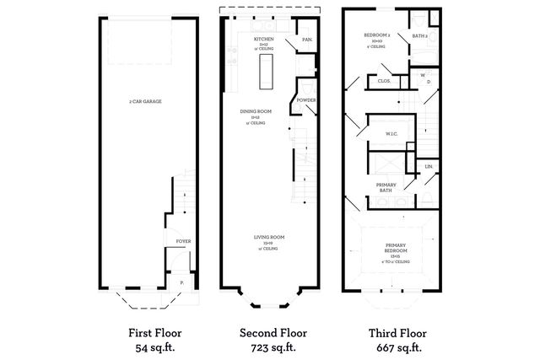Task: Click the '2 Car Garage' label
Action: pos(145,101)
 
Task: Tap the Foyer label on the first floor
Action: pos(183,241)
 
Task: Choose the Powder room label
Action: pos(306,99)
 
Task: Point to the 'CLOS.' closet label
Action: pos(382,81)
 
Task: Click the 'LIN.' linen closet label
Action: pos(429,166)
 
